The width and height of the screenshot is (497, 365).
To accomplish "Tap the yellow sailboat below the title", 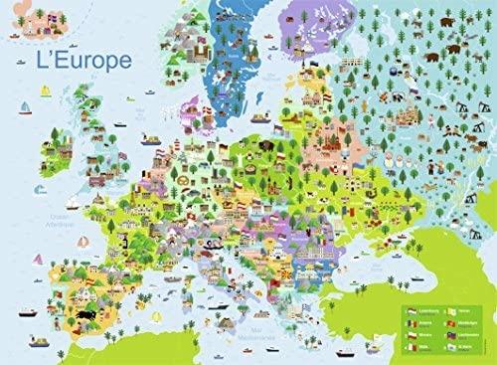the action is point(45,92).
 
